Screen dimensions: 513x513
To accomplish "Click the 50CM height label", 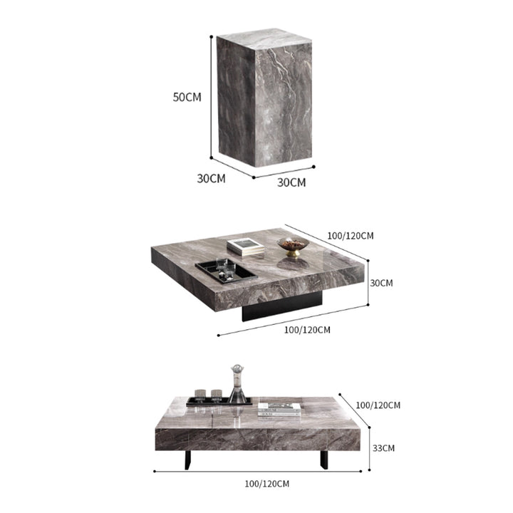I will tap(187, 97).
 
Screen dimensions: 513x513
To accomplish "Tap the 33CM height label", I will tap(383, 448).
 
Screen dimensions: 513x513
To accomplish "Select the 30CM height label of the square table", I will tap(381, 283).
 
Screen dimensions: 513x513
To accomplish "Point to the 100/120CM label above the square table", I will tap(351, 235).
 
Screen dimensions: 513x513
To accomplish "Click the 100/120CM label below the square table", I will tap(307, 329).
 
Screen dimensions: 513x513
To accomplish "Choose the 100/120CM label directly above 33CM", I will tap(378, 405).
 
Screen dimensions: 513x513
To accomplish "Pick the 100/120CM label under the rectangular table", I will tap(266, 484).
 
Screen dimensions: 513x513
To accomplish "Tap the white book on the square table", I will tap(245, 246).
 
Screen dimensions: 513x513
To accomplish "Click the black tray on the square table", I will tap(224, 274).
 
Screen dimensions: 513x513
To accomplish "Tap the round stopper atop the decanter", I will tap(237, 369).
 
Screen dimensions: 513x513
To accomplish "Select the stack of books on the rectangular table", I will tap(279, 408).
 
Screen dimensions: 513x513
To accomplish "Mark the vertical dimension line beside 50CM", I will tap(211, 97).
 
